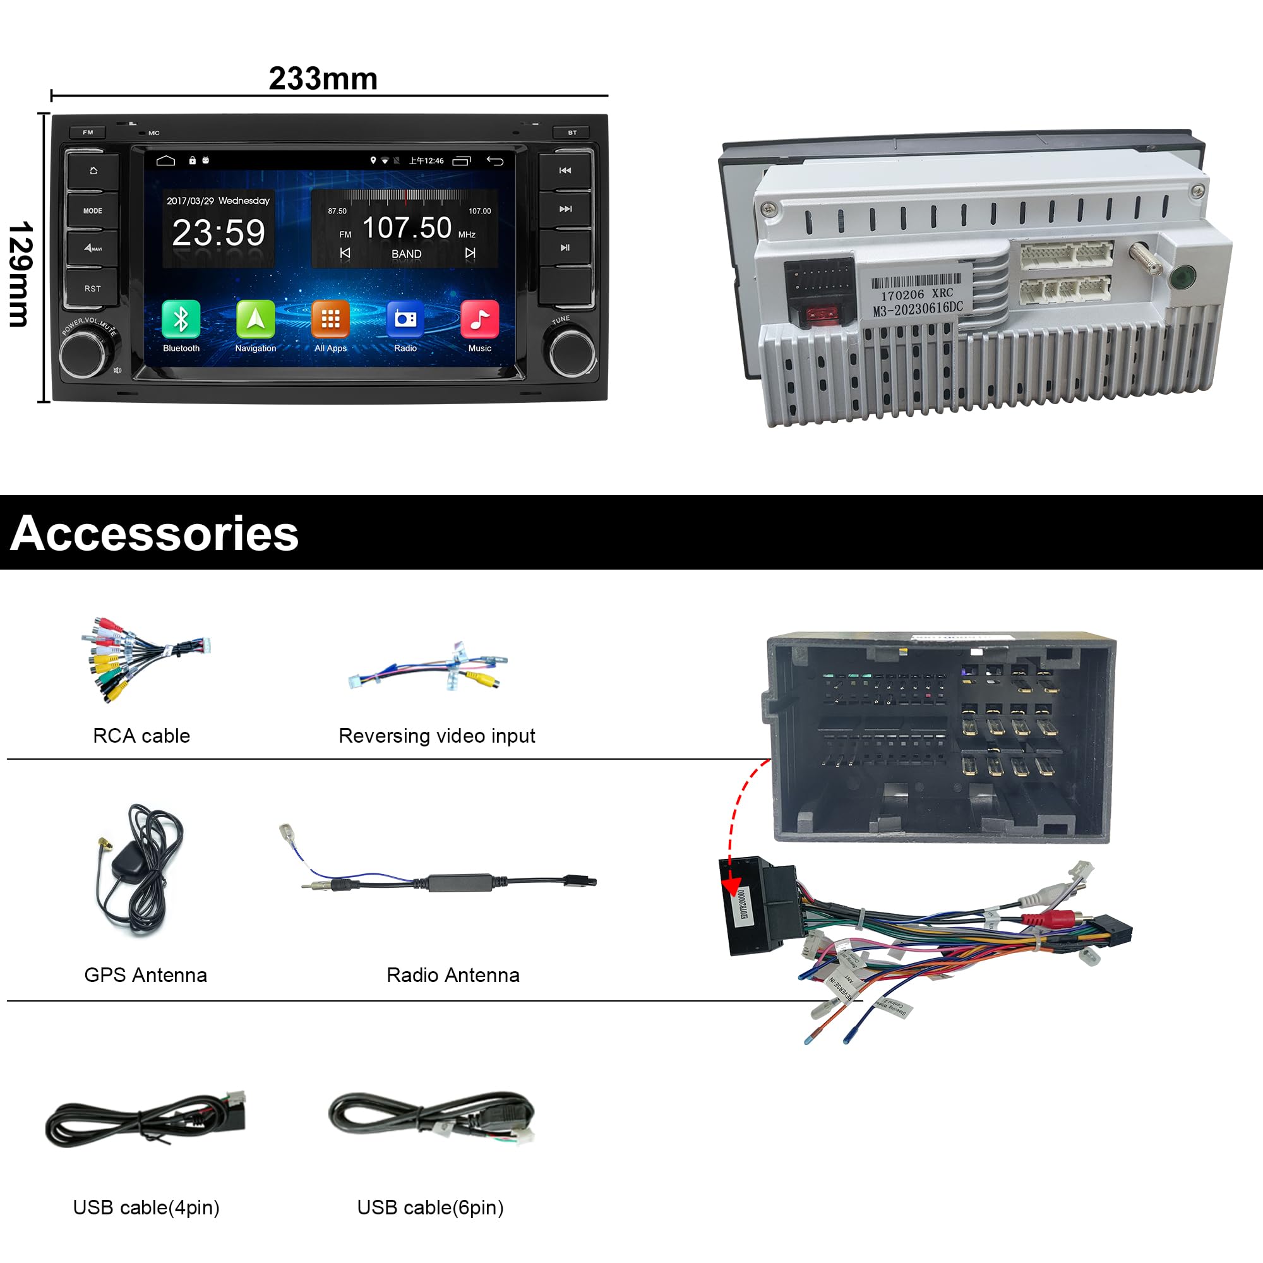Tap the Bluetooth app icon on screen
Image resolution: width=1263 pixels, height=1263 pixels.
(181, 319)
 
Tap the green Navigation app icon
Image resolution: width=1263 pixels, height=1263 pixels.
(256, 319)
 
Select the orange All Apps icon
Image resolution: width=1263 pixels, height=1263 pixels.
(330, 319)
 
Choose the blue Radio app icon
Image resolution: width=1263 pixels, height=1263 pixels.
(405, 319)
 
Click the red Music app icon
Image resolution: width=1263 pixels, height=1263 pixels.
(480, 319)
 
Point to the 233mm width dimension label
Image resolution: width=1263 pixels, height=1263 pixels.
(323, 78)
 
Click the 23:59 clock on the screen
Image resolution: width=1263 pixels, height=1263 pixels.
(218, 233)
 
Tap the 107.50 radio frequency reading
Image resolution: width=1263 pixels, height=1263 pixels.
(407, 228)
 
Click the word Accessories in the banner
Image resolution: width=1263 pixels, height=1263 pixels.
(155, 534)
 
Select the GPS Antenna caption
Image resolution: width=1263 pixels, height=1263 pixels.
(146, 974)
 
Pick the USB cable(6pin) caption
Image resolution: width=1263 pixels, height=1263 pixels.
(430, 1207)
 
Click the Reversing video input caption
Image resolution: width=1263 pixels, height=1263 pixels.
(437, 736)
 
